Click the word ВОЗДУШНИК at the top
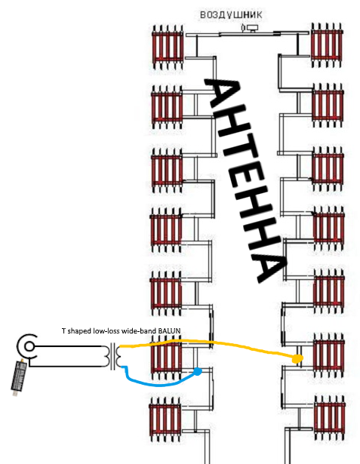click(231, 15)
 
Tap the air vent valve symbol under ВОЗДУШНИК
click(250, 28)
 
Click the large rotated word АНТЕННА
click(245, 180)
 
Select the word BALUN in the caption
click(169, 331)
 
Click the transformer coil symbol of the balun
click(112, 355)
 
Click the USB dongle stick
click(19, 377)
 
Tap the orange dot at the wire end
click(297, 358)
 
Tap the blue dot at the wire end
click(198, 371)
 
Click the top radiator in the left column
click(168, 48)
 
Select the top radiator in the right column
click(327, 45)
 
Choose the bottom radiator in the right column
click(329, 418)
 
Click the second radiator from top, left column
click(166, 107)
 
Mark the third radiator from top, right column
click(328, 169)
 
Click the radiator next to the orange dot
click(328, 355)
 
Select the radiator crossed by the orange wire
click(166, 358)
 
